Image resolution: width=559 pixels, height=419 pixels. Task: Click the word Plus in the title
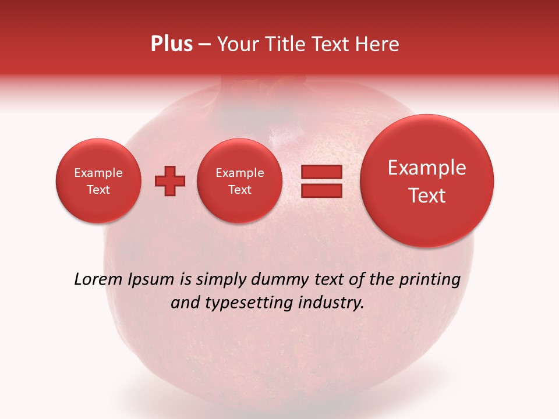[171, 44]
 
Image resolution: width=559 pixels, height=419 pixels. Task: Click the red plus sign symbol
[170, 181]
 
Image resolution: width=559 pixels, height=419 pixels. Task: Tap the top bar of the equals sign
[321, 172]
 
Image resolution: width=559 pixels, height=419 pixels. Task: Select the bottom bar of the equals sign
[321, 190]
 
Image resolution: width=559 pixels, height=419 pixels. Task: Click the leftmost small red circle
[98, 181]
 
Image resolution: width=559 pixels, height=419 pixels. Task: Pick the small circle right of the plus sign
[239, 181]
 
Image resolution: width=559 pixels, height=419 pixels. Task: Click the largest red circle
[427, 181]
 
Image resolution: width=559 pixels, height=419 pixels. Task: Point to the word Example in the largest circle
[427, 168]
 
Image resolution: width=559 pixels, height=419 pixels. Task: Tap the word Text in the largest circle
[427, 196]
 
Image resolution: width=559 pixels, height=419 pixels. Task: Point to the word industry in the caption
[333, 303]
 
